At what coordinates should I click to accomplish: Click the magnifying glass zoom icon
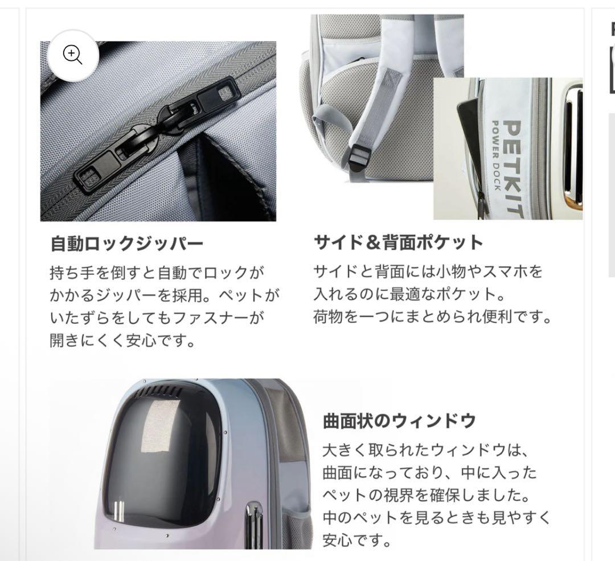coord(72,55)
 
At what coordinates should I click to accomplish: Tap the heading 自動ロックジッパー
coord(126,244)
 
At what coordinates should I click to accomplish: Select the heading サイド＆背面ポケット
coord(398,242)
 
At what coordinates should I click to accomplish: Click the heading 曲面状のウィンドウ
coord(399,422)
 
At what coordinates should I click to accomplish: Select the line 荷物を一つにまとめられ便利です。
coord(433,317)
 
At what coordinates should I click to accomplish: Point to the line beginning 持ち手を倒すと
coord(157,272)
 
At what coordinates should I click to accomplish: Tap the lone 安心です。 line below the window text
coord(358,538)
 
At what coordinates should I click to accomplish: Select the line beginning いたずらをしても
coord(157,317)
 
